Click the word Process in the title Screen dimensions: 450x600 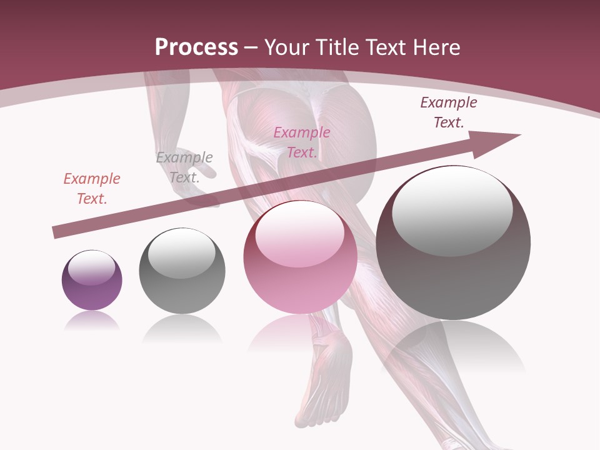pyautogui.click(x=196, y=47)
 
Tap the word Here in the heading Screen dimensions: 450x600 pyautogui.click(x=435, y=47)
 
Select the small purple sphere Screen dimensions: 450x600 pyautogui.click(x=92, y=281)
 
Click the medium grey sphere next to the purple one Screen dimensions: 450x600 pyautogui.click(x=182, y=271)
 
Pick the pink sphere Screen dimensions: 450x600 pyautogui.click(x=300, y=257)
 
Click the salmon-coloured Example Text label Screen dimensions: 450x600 pyautogui.click(x=92, y=189)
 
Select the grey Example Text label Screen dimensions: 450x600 pyautogui.click(x=184, y=167)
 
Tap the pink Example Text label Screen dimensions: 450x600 pyautogui.click(x=302, y=142)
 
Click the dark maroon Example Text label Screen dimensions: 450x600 pyautogui.click(x=449, y=112)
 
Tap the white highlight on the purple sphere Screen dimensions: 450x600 pyautogui.click(x=92, y=268)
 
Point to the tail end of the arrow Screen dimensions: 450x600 pyautogui.click(x=56, y=232)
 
